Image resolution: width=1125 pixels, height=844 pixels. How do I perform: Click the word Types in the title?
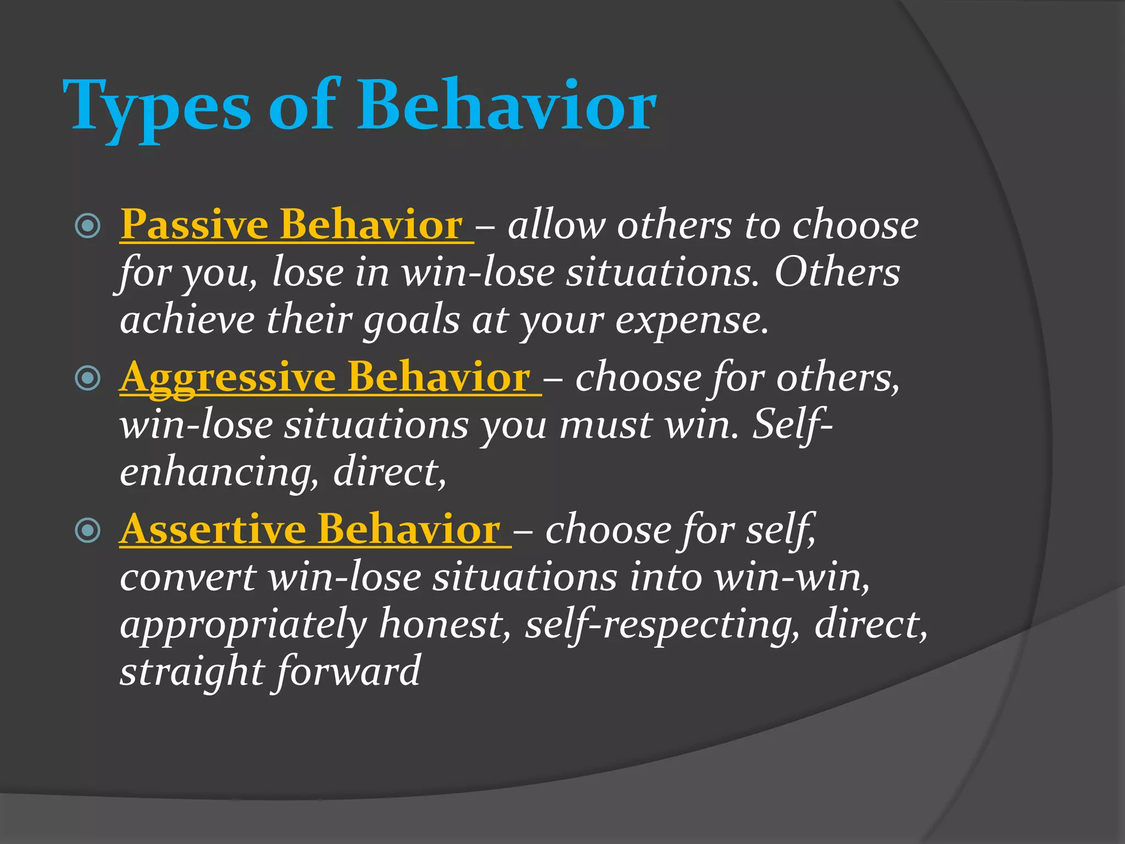tap(157, 107)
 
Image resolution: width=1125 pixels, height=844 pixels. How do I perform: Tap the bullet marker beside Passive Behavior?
tap(88, 226)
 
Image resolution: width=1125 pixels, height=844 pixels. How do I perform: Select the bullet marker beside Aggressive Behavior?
tap(88, 378)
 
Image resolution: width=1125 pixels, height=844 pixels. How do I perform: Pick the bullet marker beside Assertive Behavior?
tap(88, 530)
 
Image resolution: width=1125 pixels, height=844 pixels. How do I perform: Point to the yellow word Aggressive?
tap(227, 378)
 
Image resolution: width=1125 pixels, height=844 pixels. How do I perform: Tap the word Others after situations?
tap(837, 273)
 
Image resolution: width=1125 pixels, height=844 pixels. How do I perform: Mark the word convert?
tap(188, 578)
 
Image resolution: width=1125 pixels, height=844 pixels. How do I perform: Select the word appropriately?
tap(243, 625)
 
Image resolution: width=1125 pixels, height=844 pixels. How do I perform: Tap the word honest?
tap(445, 624)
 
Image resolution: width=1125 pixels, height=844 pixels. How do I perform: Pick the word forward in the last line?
tap(347, 671)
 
